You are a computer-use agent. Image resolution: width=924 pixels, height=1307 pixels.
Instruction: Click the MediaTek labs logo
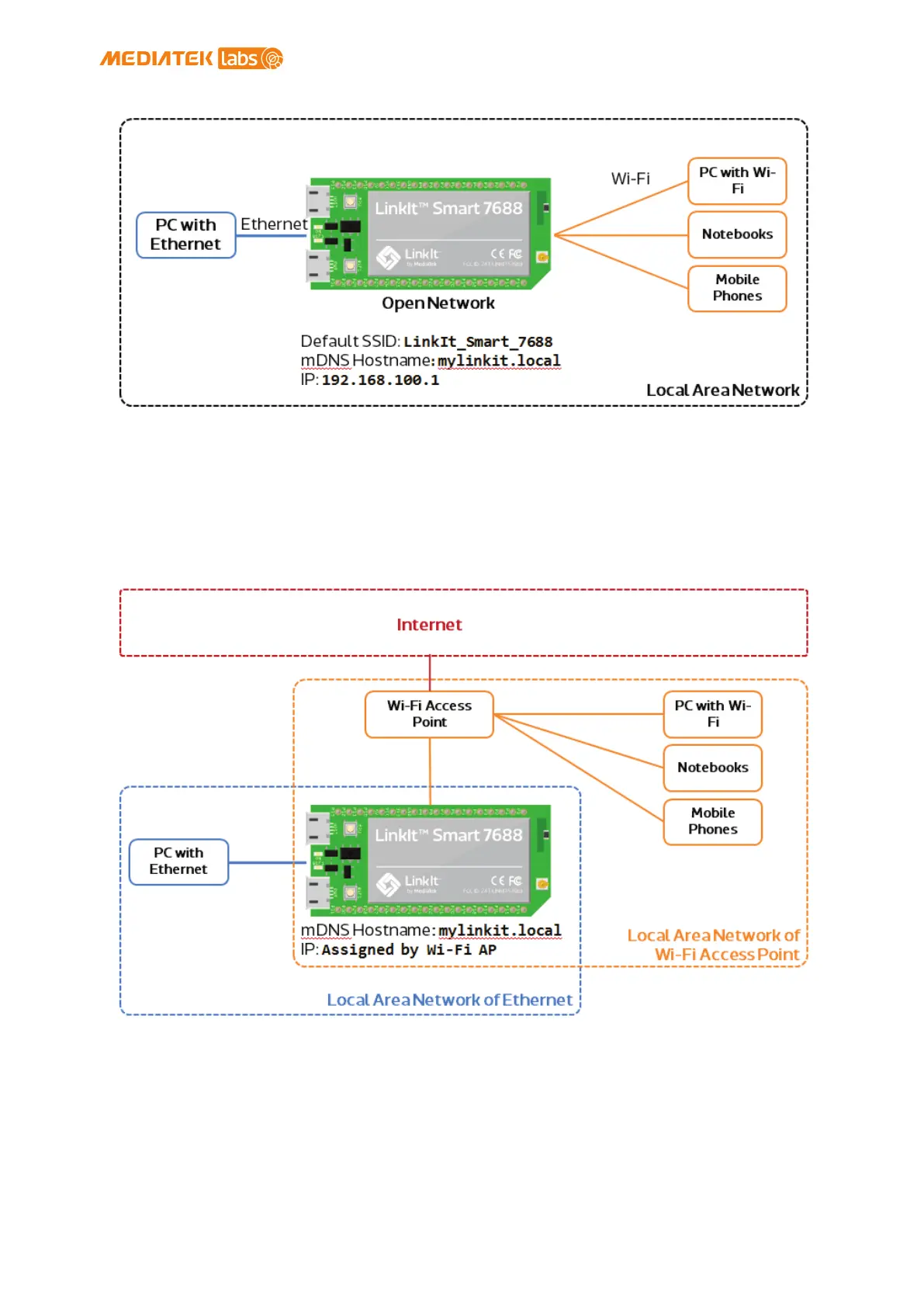tap(191, 58)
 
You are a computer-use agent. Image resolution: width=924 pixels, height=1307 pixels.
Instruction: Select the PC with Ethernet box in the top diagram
tap(185, 234)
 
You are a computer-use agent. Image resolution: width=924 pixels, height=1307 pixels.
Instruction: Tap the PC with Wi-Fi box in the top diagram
tap(736, 181)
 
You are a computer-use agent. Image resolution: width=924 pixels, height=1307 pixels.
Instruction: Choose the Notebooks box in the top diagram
tap(736, 234)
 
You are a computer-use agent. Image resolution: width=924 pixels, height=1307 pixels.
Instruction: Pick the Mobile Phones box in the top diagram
tap(736, 288)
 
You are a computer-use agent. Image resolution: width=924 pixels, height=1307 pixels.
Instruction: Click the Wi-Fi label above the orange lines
tap(630, 179)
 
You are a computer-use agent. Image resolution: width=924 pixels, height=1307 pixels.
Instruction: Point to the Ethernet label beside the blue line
tap(273, 224)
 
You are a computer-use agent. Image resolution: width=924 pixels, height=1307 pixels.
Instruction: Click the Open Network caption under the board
tap(438, 303)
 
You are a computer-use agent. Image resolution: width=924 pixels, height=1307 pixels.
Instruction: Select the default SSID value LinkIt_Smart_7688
tap(478, 341)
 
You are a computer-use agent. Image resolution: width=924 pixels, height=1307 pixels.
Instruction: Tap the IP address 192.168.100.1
tap(380, 380)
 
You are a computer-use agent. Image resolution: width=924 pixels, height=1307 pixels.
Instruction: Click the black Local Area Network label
tap(722, 390)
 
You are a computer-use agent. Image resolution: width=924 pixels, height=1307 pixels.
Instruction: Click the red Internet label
tap(429, 625)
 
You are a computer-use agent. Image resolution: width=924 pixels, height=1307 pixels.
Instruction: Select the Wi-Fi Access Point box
tap(429, 714)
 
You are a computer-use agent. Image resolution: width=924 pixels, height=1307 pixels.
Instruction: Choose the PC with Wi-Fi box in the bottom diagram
tap(712, 714)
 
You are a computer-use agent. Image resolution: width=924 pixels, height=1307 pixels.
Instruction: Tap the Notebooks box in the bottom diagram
tap(712, 768)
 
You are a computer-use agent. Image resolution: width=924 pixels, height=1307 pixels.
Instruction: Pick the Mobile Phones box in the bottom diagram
tap(712, 821)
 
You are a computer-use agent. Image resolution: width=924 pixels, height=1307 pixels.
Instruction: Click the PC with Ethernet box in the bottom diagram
tap(178, 862)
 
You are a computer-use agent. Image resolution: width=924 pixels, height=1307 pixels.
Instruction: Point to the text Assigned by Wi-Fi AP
tap(409, 950)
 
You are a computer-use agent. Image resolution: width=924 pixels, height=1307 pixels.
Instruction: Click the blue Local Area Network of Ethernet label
tap(449, 1000)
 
